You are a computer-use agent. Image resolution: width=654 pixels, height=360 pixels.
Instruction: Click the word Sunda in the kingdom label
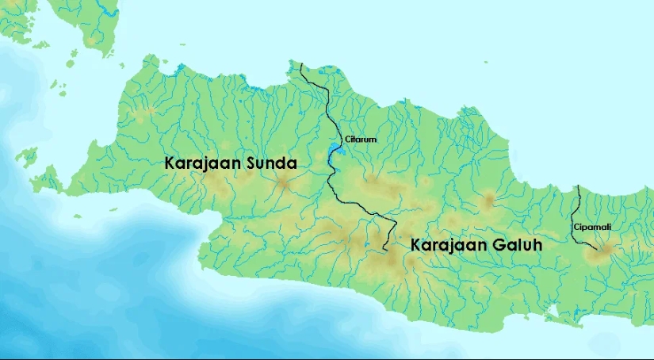270,163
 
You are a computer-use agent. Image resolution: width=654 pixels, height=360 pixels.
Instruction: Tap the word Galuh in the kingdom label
515,246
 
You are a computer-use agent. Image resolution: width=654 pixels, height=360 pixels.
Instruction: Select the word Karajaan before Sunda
201,163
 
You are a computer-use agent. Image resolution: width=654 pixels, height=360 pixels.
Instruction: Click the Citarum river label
360,140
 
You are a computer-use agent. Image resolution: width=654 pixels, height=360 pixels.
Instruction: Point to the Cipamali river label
592,227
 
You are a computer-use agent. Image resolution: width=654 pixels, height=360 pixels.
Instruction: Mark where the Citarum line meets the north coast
300,63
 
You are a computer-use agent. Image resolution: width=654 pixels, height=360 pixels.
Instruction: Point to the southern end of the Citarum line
384,250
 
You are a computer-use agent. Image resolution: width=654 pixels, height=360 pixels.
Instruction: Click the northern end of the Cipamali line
578,185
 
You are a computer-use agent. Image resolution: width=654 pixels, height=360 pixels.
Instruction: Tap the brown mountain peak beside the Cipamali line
606,251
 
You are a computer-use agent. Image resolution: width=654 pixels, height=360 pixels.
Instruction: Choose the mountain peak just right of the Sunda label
285,184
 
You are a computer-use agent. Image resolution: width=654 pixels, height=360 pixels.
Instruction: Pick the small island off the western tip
27,154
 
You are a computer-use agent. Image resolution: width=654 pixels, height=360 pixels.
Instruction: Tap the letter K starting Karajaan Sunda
170,163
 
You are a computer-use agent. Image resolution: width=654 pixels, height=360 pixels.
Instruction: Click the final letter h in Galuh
537,246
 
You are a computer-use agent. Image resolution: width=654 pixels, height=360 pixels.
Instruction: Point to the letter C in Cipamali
576,227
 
